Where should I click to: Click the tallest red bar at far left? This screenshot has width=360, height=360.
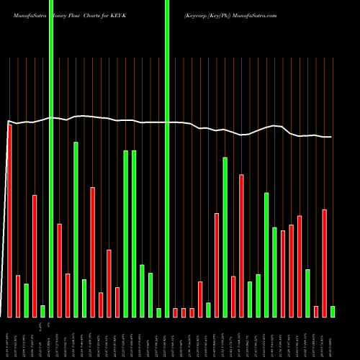9,220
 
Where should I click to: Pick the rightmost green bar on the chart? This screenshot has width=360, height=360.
333,311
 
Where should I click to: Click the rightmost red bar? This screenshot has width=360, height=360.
325,263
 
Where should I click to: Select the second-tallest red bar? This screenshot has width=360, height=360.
241,246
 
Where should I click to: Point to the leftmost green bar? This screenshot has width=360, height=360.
26,300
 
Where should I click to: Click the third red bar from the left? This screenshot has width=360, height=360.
35,256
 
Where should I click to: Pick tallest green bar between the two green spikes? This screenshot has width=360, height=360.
76,229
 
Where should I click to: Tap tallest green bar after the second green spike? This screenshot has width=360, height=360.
225,237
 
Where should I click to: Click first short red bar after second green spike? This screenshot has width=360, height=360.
175,312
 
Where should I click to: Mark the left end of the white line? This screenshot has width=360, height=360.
8,121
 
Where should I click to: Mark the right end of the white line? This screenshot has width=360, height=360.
332,137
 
